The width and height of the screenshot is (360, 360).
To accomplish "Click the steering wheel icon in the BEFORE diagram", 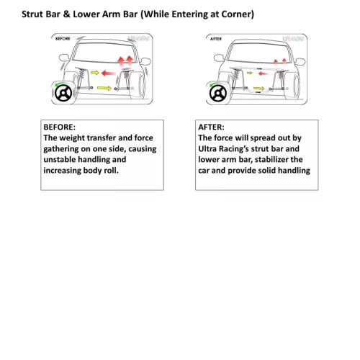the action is point(63,93).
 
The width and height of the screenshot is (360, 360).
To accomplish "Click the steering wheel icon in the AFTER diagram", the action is point(218,93).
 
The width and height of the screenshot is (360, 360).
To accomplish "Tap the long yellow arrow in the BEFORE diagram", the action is point(104,88).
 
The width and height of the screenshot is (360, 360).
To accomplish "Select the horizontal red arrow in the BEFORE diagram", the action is point(109,73).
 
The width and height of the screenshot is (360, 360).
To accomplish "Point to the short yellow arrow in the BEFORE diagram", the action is point(95,73).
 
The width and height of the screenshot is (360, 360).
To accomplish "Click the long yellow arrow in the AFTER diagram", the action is point(259,89).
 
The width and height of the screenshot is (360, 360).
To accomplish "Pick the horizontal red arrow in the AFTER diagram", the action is point(264,73).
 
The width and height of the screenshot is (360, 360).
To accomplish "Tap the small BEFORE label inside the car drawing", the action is point(63,39).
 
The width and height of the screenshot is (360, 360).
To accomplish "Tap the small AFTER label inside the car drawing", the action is point(216,39).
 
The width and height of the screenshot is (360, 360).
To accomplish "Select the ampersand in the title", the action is point(66,14).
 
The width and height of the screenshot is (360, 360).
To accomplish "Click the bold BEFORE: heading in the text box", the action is point(59,127).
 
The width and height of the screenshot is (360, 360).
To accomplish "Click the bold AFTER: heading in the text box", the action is point(211,127).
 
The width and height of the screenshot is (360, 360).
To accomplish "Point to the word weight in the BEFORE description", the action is point(72,138).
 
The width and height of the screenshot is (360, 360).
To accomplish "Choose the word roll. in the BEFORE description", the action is point(111,171).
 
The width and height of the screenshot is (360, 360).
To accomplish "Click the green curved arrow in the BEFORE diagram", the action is point(60,84).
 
